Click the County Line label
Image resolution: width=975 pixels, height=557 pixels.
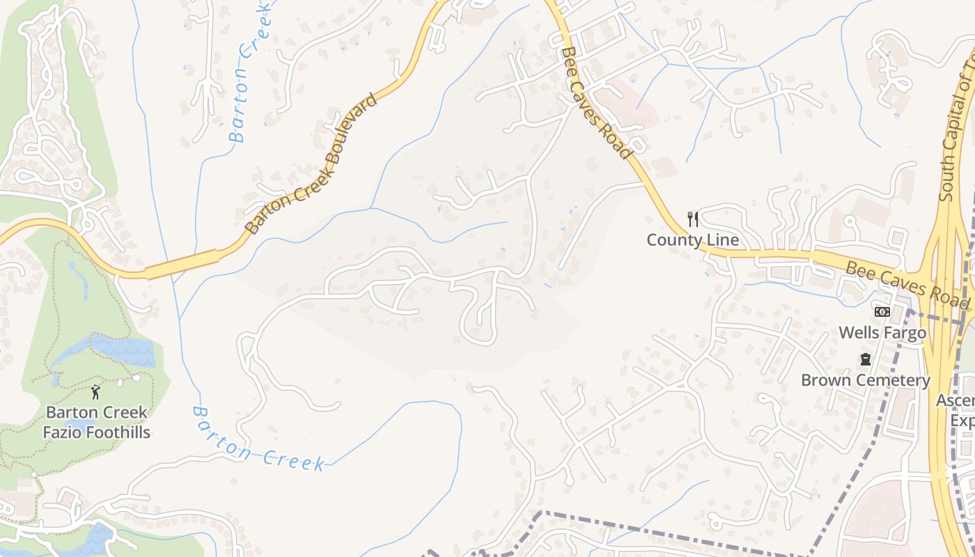(692, 240)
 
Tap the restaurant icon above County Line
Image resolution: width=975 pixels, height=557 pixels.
(692, 219)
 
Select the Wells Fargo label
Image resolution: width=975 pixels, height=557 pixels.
(882, 333)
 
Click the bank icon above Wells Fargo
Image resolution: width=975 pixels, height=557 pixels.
(882, 312)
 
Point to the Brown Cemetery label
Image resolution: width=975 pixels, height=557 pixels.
(865, 381)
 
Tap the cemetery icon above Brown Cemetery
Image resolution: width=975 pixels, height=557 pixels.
(865, 359)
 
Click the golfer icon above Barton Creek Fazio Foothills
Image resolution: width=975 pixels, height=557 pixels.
(96, 391)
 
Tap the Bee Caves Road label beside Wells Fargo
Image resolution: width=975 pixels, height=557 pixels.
(907, 284)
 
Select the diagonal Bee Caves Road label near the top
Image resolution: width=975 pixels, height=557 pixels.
(596, 103)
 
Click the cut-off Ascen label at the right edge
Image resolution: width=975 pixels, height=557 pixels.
(958, 401)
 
